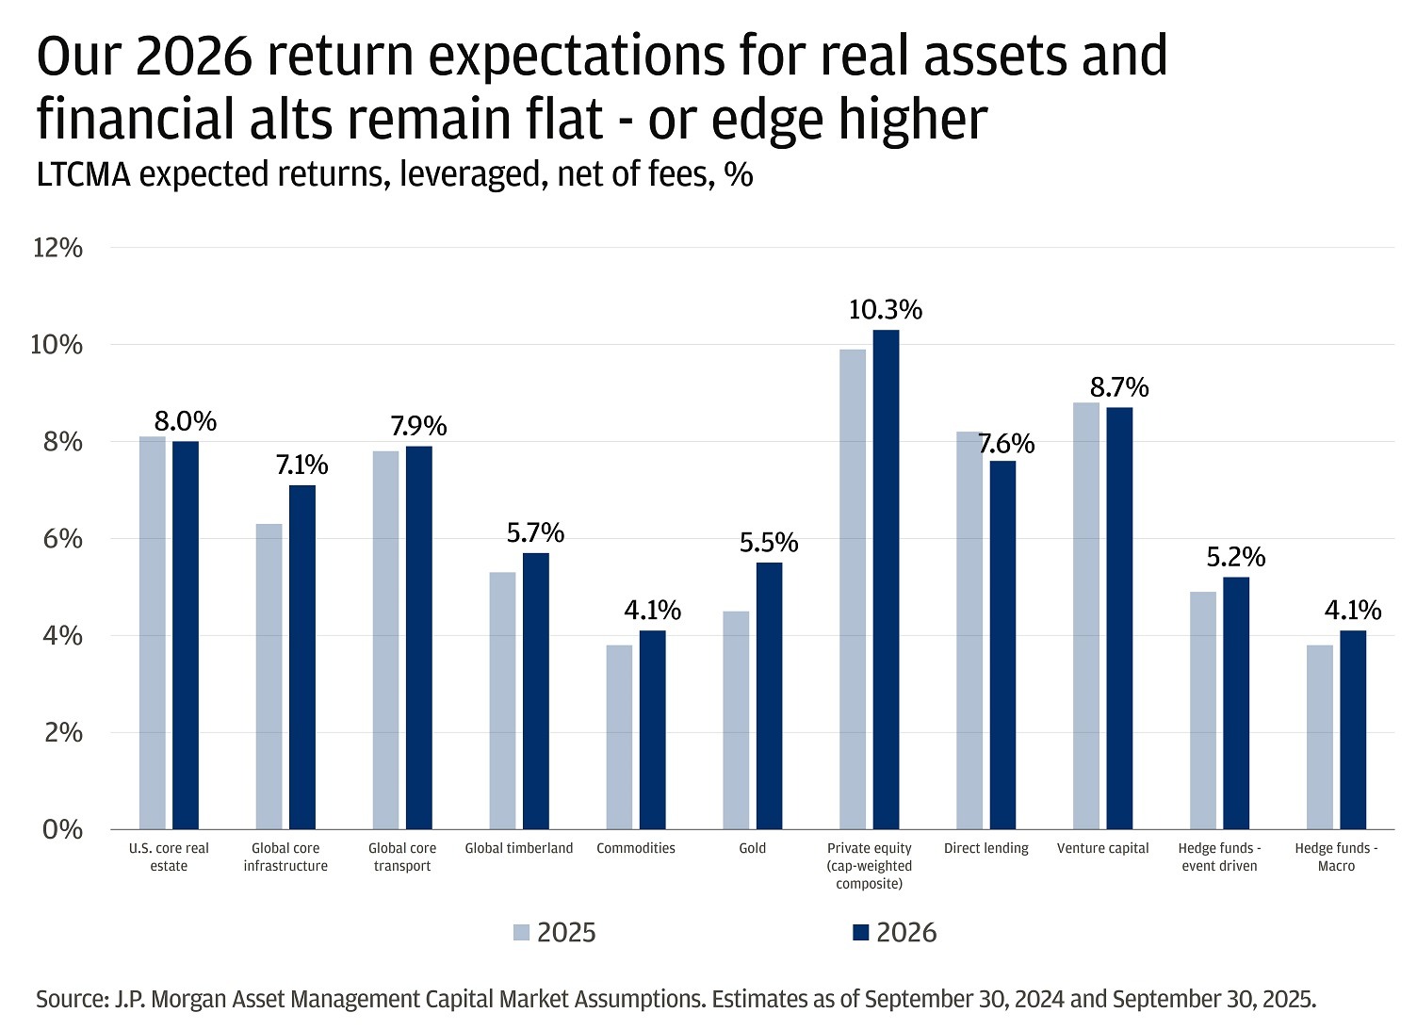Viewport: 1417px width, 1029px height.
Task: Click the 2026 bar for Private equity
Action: pyautogui.click(x=886, y=580)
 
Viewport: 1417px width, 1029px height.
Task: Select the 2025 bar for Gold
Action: pyautogui.click(x=736, y=721)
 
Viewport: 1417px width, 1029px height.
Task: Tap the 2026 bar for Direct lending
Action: pyautogui.click(x=1002, y=645)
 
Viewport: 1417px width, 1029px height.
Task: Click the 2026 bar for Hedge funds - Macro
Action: pyautogui.click(x=1352, y=730)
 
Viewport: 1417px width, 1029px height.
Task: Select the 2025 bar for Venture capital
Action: pyautogui.click(x=1086, y=616)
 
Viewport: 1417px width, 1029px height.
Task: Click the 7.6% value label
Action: pyautogui.click(x=1006, y=443)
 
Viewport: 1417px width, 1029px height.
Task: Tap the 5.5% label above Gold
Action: pyautogui.click(x=769, y=543)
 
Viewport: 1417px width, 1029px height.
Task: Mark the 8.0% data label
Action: pyautogui.click(x=186, y=420)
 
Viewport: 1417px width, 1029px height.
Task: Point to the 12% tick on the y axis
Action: pyautogui.click(x=58, y=248)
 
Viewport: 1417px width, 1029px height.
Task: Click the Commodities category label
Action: pyautogui.click(x=636, y=848)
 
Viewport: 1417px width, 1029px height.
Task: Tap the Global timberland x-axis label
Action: pyautogui.click(x=519, y=848)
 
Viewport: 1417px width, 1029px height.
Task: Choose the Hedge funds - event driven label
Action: pyautogui.click(x=1219, y=857)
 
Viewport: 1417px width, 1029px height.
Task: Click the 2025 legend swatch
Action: pyautogui.click(x=522, y=933)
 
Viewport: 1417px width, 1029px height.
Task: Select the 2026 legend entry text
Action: pyautogui.click(x=906, y=933)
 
